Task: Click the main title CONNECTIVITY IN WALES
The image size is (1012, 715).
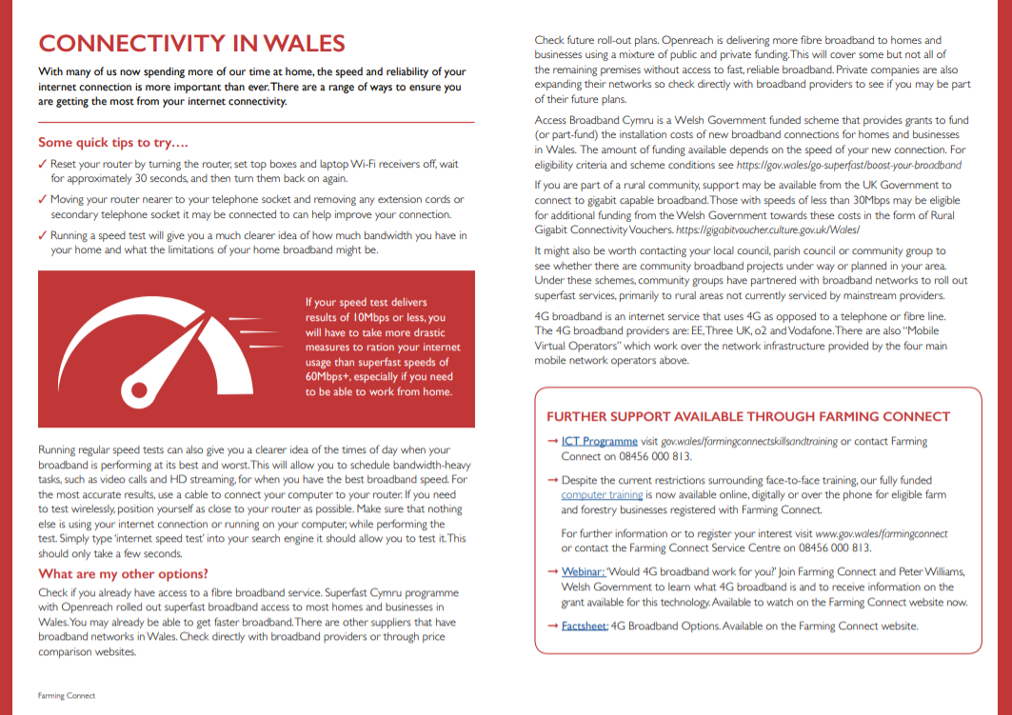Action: pyautogui.click(x=191, y=44)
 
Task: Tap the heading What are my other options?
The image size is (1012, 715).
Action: pyautogui.click(x=123, y=573)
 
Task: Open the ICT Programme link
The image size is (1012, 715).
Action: pyautogui.click(x=599, y=442)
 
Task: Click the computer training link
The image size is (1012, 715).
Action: pyautogui.click(x=602, y=495)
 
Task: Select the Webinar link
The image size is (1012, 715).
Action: pyautogui.click(x=584, y=572)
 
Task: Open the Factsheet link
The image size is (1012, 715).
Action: pyautogui.click(x=585, y=626)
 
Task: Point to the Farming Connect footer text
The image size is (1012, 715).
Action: pyautogui.click(x=67, y=696)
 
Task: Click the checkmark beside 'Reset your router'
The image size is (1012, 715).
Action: pyautogui.click(x=43, y=165)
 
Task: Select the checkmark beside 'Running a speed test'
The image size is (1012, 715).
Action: pyautogui.click(x=43, y=235)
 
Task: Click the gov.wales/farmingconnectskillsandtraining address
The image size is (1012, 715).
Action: pyautogui.click(x=748, y=442)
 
